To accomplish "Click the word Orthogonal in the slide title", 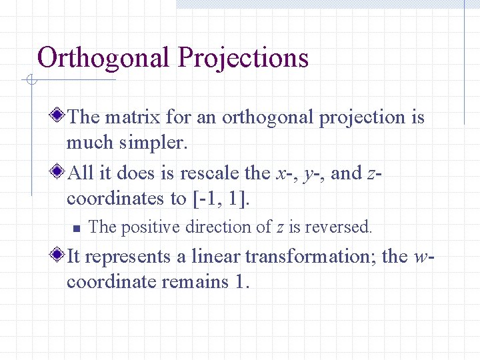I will coord(104,58).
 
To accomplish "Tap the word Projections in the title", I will coord(242,58).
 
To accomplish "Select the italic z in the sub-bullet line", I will coord(279,227).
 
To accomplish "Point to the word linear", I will coord(216,256).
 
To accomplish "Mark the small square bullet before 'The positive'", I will coord(76,228).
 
